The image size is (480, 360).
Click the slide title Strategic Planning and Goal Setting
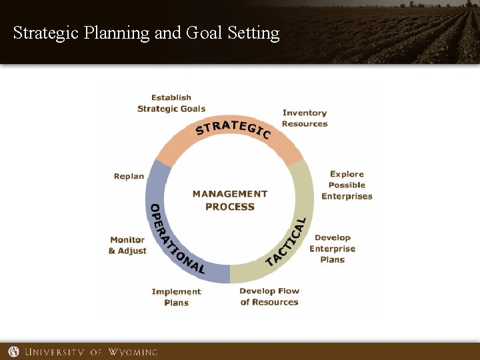(146, 33)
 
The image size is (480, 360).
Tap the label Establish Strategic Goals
(171, 103)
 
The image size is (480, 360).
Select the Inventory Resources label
(305, 118)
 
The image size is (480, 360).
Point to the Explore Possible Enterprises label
(347, 185)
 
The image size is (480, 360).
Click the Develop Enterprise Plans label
(333, 249)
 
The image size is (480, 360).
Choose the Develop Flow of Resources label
(269, 297)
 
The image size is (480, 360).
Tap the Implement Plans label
(176, 297)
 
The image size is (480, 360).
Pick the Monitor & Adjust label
(127, 245)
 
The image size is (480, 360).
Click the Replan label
(129, 177)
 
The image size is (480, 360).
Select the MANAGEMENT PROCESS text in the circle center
(230, 200)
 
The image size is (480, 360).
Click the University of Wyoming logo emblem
(14, 351)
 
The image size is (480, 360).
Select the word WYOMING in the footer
(132, 351)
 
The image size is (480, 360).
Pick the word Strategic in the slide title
(47, 33)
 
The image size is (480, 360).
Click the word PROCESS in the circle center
(230, 207)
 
